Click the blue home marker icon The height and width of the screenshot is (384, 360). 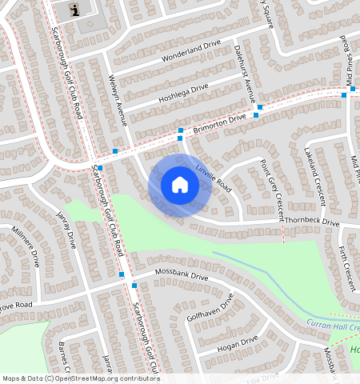coord(179,186)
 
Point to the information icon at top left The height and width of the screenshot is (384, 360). coord(75,10)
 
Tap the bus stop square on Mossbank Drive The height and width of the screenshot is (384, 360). coord(122,275)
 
